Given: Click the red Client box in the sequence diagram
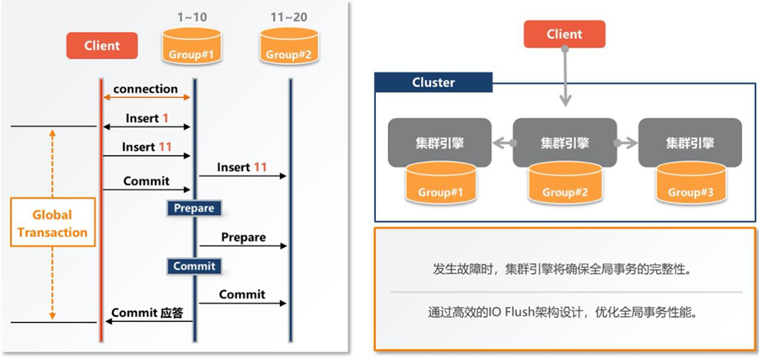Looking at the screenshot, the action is tap(102, 46).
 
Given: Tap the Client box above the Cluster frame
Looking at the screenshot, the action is tap(564, 34).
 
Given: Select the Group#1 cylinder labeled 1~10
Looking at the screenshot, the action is tap(191, 46).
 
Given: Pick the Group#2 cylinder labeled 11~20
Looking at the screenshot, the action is tap(289, 46).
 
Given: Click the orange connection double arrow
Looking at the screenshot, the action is tap(147, 98).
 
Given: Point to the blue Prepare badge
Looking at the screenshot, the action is tap(194, 208).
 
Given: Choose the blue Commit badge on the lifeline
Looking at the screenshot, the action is tap(194, 266).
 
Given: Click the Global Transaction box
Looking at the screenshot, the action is tap(52, 223).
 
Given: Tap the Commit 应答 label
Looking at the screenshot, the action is tap(148, 313).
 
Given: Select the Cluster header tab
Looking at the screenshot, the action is tap(433, 83).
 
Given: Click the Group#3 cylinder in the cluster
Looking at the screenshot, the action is tap(691, 182).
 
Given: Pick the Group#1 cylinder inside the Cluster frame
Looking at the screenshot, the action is tap(440, 182).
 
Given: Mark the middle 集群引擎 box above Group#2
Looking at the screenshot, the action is tap(565, 143).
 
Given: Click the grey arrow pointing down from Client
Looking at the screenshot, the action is tap(565, 77).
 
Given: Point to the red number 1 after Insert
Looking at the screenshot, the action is tap(165, 118).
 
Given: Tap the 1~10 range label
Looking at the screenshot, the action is tap(192, 18).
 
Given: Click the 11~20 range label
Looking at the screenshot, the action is tap(289, 18).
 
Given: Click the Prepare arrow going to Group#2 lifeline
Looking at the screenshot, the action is tap(243, 246).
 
